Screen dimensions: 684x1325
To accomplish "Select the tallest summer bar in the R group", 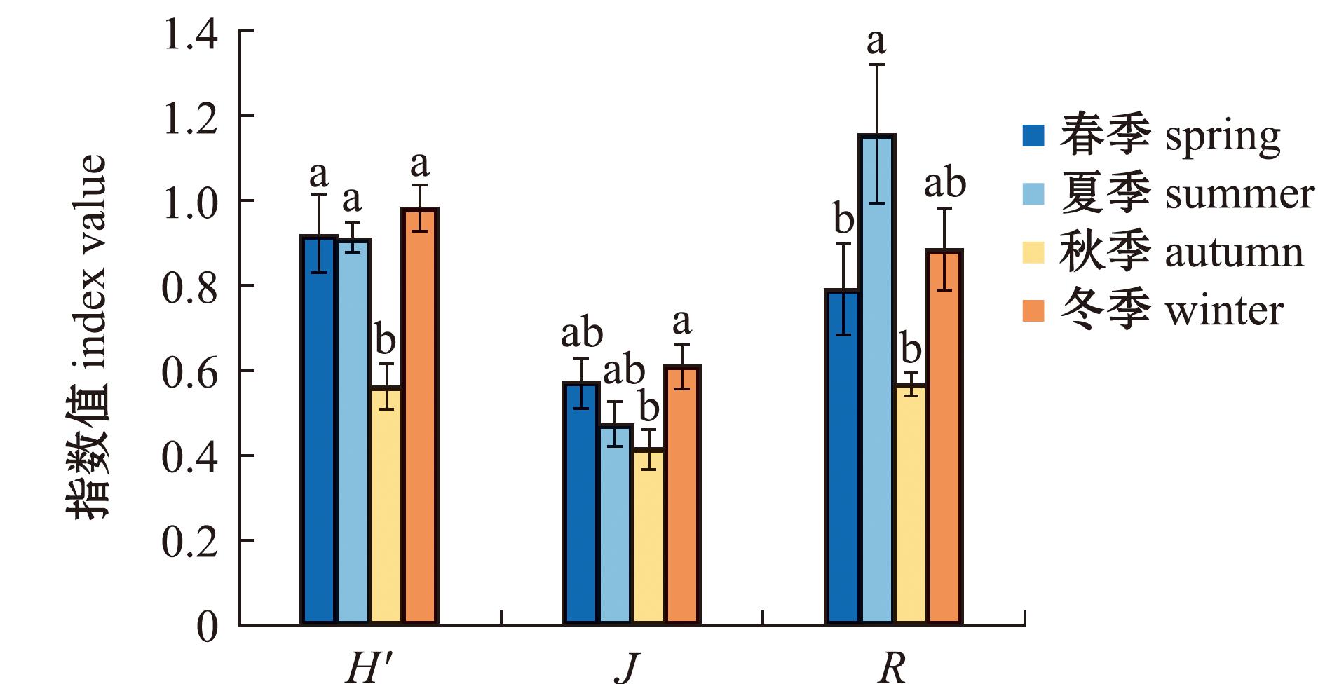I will tap(877, 378).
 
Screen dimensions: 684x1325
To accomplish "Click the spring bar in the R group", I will tap(843, 456).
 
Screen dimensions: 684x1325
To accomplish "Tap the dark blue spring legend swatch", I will tap(1033, 135).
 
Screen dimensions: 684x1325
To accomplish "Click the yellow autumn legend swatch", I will tap(1033, 252).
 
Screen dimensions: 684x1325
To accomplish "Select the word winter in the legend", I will tap(1223, 310).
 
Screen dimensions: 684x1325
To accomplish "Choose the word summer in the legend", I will tap(1239, 194).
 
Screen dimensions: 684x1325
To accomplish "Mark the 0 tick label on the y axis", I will tap(208, 626).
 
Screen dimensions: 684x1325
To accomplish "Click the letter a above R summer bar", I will tap(876, 42).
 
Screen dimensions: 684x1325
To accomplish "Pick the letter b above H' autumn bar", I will tap(386, 341).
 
